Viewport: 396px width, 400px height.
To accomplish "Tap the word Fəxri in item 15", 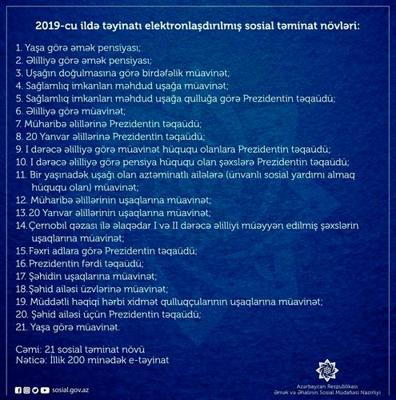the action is pyautogui.click(x=42, y=250).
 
